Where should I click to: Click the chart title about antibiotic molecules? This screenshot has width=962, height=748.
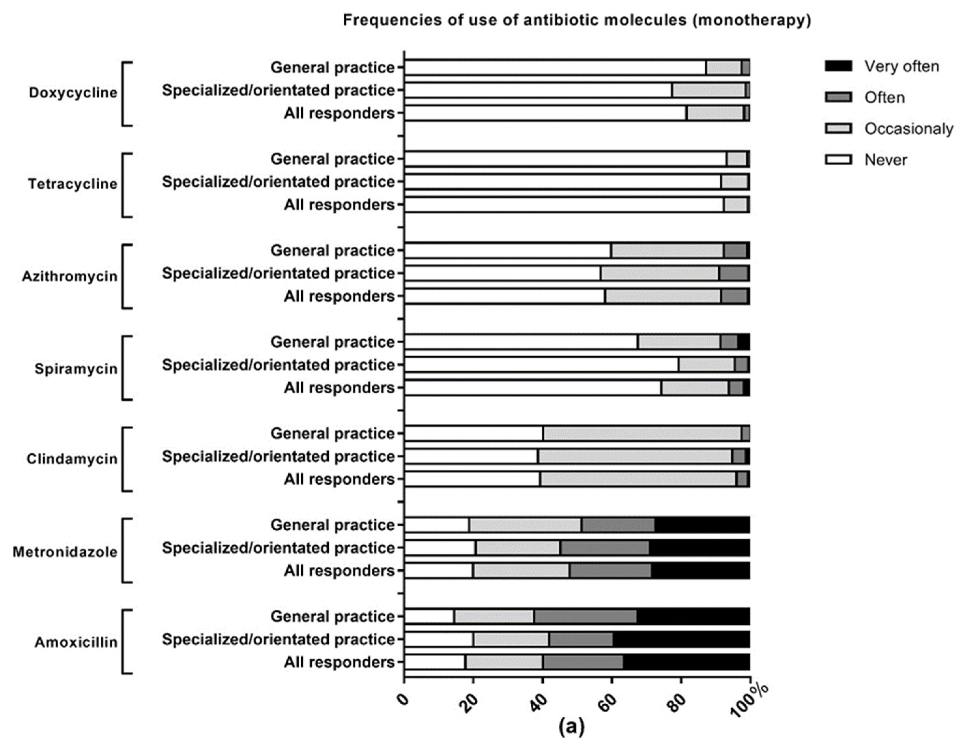[577, 20]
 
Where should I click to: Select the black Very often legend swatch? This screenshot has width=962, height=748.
[838, 66]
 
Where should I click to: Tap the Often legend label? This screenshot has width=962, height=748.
[884, 97]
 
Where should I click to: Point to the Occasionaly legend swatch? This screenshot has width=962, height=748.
[838, 129]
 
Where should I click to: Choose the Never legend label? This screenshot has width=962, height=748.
[885, 160]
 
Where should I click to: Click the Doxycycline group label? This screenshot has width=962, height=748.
[73, 93]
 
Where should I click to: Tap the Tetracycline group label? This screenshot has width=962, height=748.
[73, 184]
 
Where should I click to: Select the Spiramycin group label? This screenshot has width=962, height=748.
[76, 369]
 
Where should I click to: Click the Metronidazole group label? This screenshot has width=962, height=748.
[65, 551]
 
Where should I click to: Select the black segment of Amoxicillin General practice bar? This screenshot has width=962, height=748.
[693, 616]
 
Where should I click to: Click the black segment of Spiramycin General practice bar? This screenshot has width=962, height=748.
[743, 342]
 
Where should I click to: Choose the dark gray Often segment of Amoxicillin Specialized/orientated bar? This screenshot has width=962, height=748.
[581, 639]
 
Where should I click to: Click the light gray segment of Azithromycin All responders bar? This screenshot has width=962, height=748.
[663, 296]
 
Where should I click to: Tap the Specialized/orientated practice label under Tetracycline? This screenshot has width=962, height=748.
[279, 182]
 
